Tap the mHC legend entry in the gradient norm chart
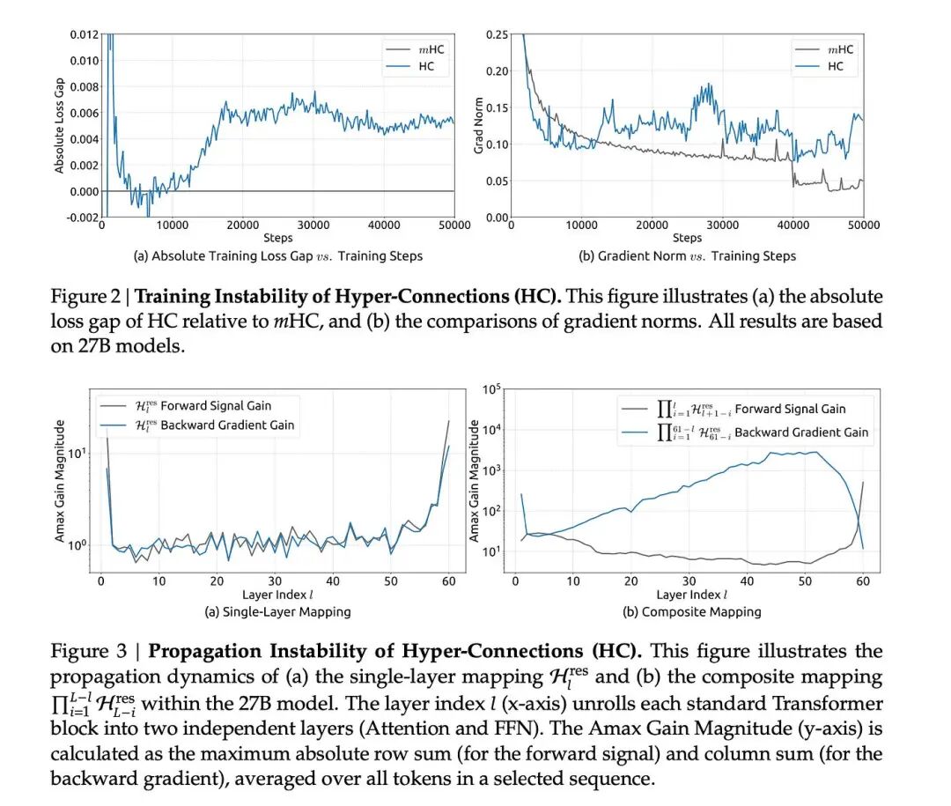point(840,49)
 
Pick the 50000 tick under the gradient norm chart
point(862,226)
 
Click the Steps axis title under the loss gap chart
point(277,238)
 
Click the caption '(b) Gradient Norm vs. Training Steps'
point(687,256)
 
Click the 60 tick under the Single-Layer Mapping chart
point(448,581)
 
